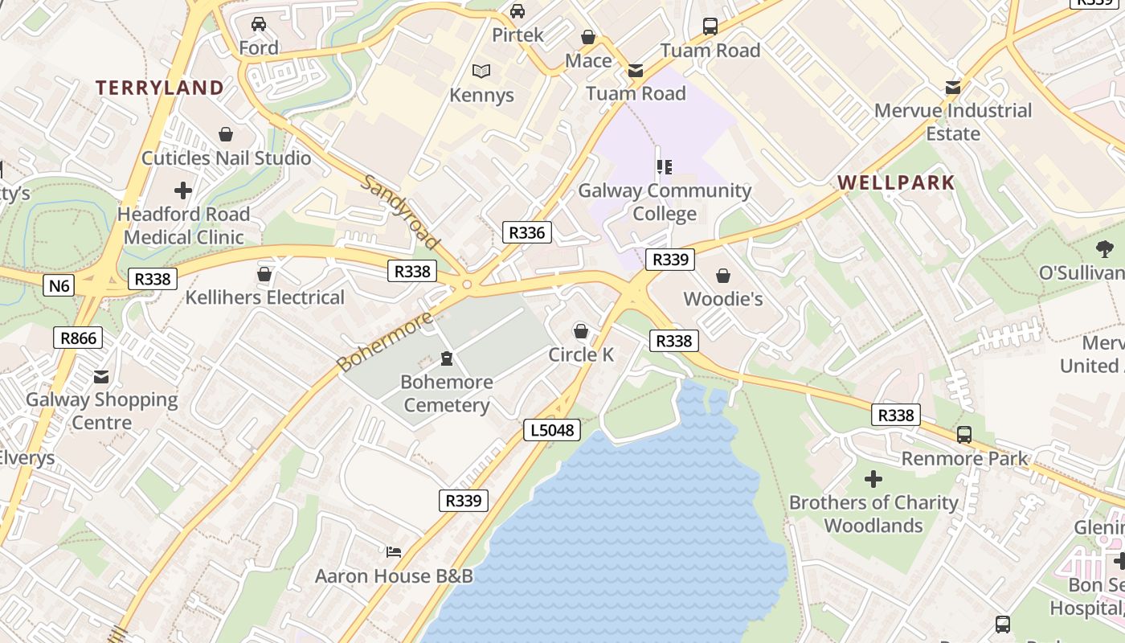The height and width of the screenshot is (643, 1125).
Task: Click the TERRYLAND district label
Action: pyautogui.click(x=160, y=88)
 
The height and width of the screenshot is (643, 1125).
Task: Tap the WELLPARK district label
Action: pyautogui.click(x=896, y=182)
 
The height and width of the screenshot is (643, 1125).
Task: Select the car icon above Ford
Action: pyautogui.click(x=258, y=24)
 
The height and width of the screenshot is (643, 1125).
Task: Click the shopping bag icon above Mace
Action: pyautogui.click(x=588, y=38)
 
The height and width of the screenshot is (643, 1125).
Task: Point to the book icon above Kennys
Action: pyautogui.click(x=481, y=72)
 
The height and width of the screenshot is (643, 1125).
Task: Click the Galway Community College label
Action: pyautogui.click(x=665, y=202)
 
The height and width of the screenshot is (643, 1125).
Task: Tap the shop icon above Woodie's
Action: pyautogui.click(x=723, y=276)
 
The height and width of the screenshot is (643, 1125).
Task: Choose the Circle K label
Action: pyautogui.click(x=581, y=354)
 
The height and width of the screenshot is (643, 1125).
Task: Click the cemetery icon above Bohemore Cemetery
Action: pyautogui.click(x=447, y=358)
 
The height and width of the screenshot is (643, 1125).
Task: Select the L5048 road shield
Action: pyautogui.click(x=553, y=430)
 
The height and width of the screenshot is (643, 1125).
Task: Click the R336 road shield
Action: pyautogui.click(x=527, y=233)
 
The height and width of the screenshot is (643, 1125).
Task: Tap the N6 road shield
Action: pyautogui.click(x=59, y=285)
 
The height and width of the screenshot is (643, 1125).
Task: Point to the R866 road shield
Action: pyautogui.click(x=79, y=338)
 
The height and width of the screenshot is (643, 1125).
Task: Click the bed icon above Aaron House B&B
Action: pyautogui.click(x=394, y=552)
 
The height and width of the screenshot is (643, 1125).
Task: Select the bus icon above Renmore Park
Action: pyautogui.click(x=964, y=435)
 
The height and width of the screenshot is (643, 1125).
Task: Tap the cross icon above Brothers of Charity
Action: pyautogui.click(x=873, y=480)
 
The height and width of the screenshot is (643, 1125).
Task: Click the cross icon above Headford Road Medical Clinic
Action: pyautogui.click(x=183, y=190)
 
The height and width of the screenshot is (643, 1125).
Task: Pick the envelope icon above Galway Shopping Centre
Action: pyautogui.click(x=101, y=376)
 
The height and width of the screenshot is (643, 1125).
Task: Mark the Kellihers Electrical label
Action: pyautogui.click(x=265, y=297)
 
